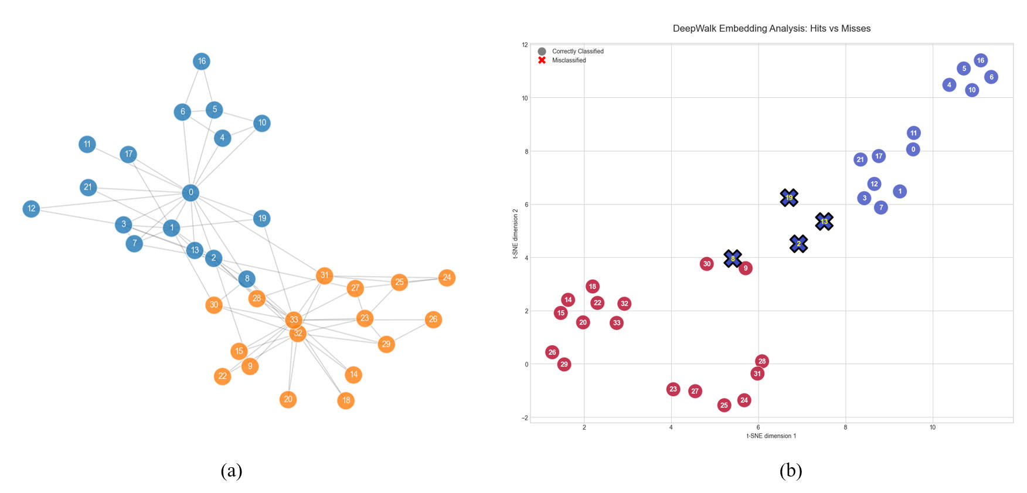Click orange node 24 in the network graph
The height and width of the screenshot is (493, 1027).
447,277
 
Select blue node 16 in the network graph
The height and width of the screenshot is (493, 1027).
202,61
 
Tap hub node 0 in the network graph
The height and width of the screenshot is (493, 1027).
191,192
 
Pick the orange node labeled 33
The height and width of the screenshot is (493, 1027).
294,319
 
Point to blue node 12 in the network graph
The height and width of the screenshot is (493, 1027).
31,208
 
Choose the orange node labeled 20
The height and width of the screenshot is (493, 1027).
288,399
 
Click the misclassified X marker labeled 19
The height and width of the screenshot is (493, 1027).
789,198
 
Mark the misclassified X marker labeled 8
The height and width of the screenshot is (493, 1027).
732,259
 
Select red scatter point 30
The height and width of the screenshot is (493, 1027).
706,264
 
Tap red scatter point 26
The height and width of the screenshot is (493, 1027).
552,352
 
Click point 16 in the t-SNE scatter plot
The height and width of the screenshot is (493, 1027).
980,60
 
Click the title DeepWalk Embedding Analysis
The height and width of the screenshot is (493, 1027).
771,28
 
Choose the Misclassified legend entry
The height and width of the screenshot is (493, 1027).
569,60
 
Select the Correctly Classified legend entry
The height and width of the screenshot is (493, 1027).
577,52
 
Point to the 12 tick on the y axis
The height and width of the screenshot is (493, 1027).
525,45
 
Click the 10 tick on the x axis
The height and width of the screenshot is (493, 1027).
932,427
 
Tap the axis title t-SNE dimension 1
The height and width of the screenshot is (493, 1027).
771,436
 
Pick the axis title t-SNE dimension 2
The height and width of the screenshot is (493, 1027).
515,233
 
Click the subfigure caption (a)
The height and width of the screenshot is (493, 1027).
231,470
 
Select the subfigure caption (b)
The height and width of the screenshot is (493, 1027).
790,470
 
